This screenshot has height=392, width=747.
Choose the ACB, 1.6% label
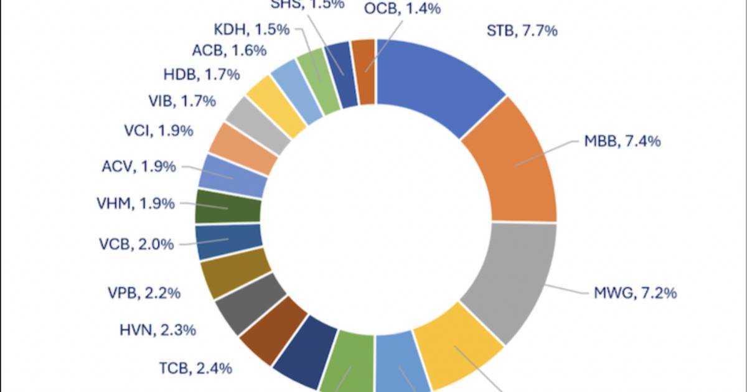click(220, 52)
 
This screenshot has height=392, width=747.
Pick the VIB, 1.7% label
click(182, 100)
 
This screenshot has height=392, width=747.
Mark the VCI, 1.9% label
click(158, 131)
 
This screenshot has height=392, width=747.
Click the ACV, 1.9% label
click(138, 167)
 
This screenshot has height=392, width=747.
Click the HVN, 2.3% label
click(158, 330)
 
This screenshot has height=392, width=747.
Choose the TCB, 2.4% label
click(195, 368)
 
